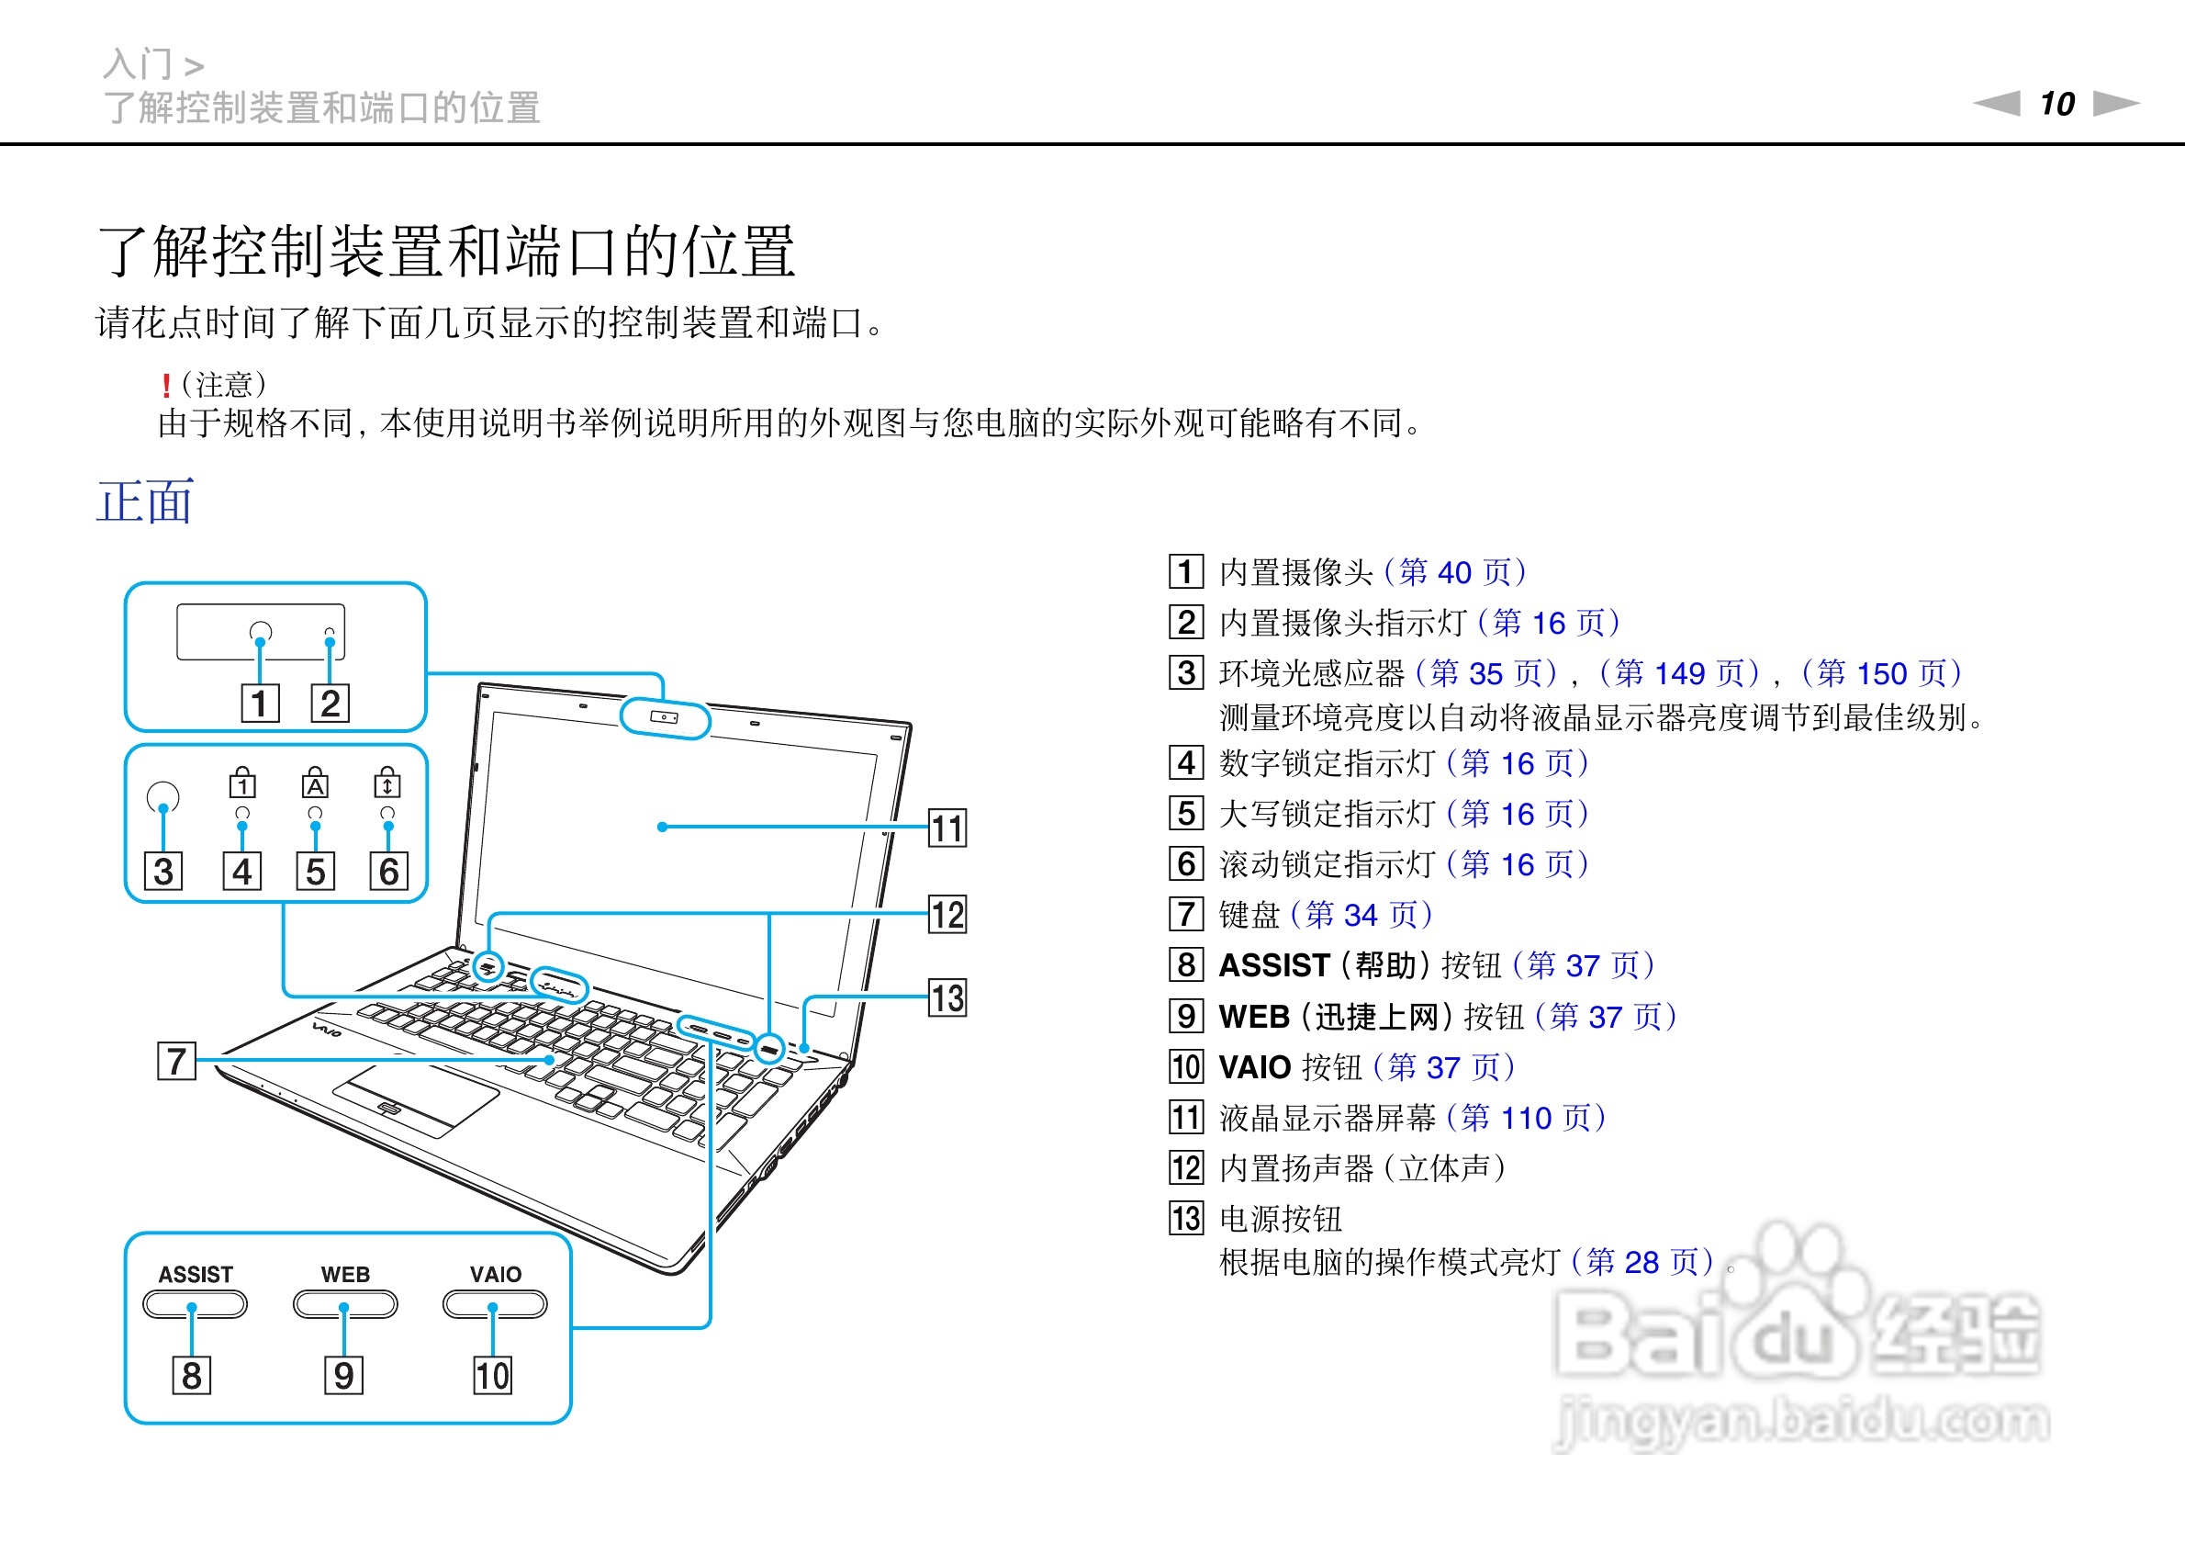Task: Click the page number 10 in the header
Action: click(2056, 103)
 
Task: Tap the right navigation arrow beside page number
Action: click(2116, 103)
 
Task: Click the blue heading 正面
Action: click(146, 501)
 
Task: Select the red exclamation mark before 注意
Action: click(166, 386)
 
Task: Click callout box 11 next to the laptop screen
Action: click(947, 828)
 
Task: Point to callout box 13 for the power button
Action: click(947, 997)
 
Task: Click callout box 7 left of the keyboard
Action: click(176, 1060)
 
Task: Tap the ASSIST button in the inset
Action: click(195, 1303)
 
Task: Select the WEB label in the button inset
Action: click(344, 1274)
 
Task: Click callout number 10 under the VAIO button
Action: click(492, 1375)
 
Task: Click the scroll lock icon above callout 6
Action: click(387, 783)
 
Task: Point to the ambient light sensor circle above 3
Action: click(163, 796)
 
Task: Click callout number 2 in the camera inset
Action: click(331, 703)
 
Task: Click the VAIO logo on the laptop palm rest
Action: click(328, 1029)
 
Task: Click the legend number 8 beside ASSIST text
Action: click(1186, 964)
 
